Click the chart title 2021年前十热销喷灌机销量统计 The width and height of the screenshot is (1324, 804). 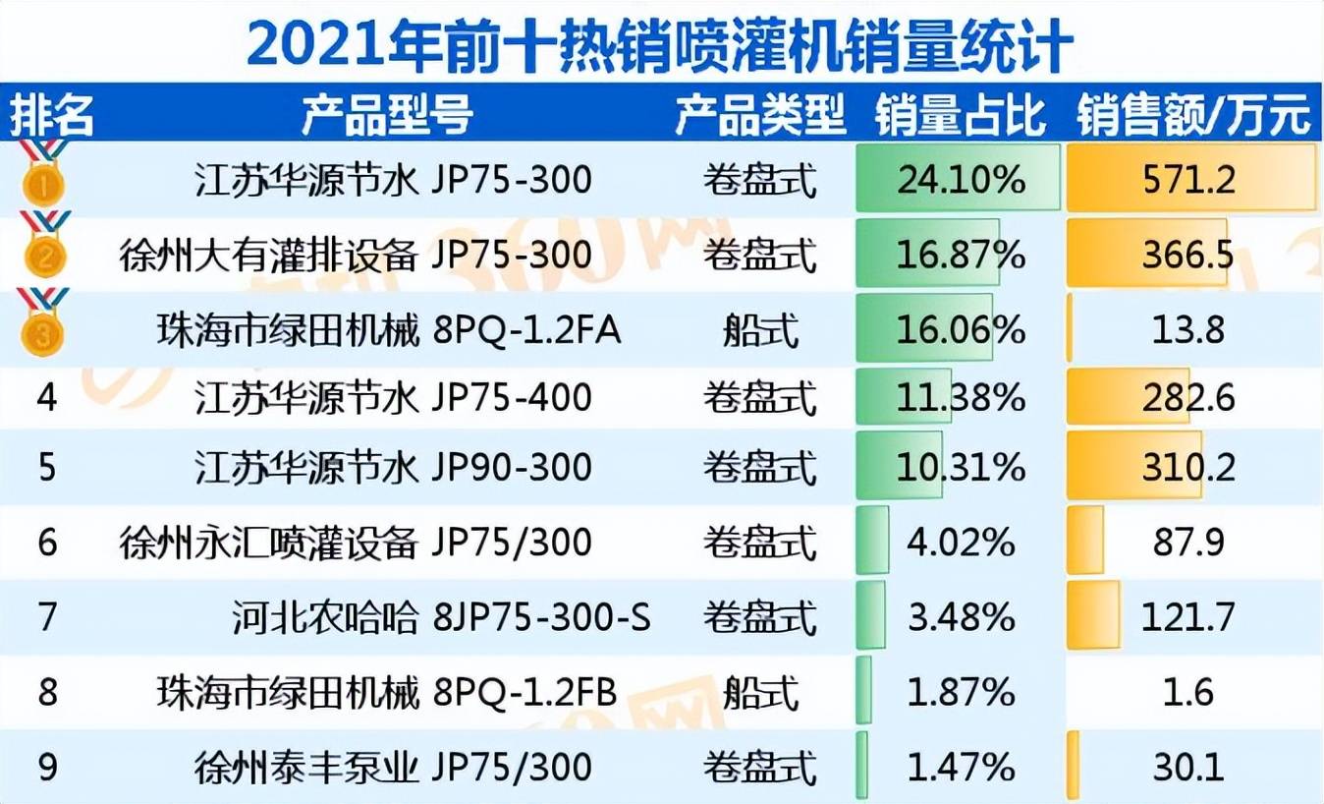click(x=660, y=43)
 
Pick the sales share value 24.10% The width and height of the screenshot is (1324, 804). click(x=961, y=179)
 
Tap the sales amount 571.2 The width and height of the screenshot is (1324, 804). click(x=1188, y=179)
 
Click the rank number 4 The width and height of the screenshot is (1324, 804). click(x=46, y=397)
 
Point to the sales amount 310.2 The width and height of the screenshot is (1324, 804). click(x=1188, y=467)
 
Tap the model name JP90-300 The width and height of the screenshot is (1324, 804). click(x=512, y=467)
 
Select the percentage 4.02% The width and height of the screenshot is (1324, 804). click(x=961, y=543)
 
